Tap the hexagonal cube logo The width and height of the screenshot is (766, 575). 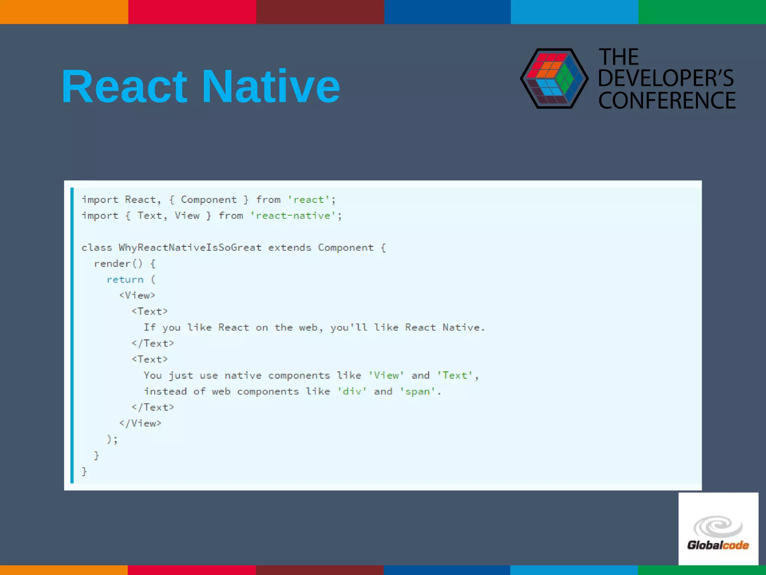pos(554,79)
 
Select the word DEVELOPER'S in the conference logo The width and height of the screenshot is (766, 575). pos(666,78)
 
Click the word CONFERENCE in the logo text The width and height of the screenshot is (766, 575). pos(667,100)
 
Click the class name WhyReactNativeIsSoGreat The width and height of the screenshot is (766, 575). pos(190,248)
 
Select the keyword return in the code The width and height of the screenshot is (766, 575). pos(125,280)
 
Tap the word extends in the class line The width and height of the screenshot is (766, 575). pos(289,248)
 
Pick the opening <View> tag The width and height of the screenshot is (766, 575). pos(137,296)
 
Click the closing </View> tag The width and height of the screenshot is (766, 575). pos(140,423)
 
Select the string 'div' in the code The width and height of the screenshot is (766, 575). pos(352,392)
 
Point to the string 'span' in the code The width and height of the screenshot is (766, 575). pos(417,392)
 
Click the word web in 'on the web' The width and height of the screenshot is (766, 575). pos(308,328)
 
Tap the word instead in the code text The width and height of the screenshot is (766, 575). pos(165,392)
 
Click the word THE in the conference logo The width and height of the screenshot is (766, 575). pos(619,57)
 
